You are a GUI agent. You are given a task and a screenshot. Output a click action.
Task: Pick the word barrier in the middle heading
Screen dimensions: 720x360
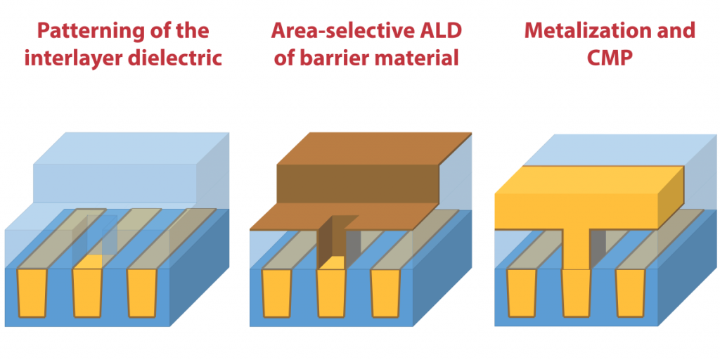(338, 59)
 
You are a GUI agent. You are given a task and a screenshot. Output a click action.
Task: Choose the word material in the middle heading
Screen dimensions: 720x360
(420, 59)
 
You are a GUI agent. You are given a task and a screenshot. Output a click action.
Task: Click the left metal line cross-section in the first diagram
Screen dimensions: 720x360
(32, 293)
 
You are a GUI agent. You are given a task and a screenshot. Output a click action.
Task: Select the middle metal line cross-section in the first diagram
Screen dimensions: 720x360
(87, 293)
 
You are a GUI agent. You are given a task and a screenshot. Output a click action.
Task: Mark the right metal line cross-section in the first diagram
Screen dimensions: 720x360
(142, 293)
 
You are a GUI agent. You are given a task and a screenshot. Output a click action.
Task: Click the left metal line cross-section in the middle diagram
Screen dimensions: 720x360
(277, 293)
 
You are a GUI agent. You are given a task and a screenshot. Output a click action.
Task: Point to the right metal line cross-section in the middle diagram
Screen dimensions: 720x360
(386, 293)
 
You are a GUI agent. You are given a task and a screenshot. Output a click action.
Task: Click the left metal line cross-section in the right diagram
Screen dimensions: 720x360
(522, 293)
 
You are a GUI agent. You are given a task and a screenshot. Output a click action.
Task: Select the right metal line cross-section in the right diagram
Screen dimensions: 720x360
(631, 293)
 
